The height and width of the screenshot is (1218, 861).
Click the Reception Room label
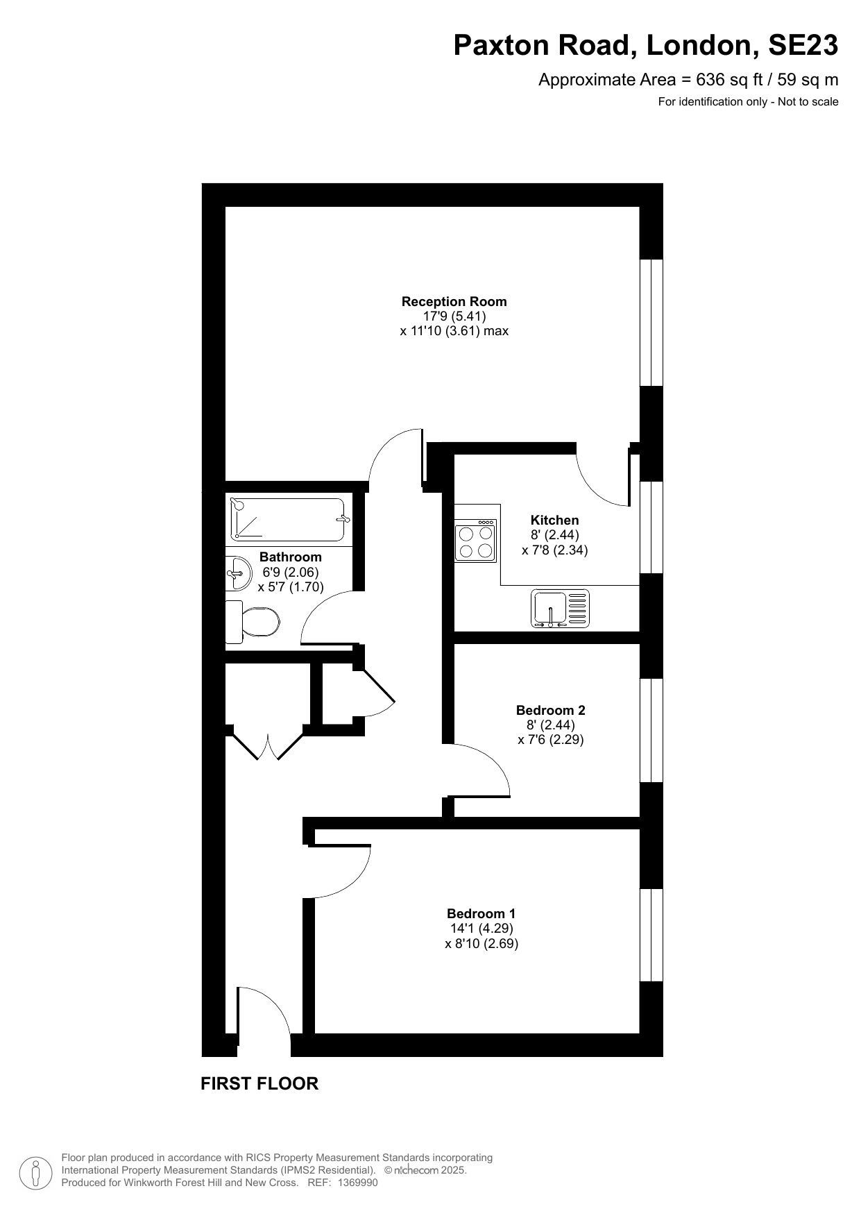point(454,302)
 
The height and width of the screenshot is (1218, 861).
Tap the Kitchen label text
point(554,520)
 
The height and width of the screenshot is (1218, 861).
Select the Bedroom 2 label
point(550,710)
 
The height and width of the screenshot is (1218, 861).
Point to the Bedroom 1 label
point(481,913)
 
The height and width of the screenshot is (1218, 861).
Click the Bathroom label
point(290,557)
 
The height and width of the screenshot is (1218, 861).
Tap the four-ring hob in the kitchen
point(476,540)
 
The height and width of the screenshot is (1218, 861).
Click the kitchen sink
point(560,609)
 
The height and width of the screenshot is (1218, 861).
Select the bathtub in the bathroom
point(288,520)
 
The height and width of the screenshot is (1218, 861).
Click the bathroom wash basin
point(238,573)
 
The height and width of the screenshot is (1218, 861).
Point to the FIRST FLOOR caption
point(259,1083)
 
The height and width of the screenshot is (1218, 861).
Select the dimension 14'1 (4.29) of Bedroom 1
point(481,929)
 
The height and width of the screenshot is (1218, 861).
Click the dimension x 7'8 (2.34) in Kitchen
point(554,550)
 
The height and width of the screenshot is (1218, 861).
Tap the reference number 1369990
point(358,1183)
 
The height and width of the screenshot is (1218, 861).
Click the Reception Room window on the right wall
point(651,323)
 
